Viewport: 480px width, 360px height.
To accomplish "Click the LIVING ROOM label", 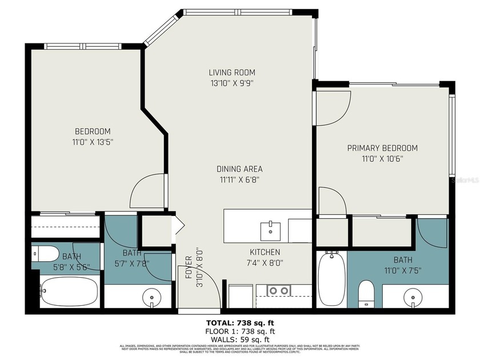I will tap(231, 73).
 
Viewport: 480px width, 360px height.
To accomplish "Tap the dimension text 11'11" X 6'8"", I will tap(239, 179).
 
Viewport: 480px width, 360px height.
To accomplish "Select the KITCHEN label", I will tap(265, 252).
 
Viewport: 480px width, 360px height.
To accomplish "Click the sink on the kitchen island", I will tap(270, 231).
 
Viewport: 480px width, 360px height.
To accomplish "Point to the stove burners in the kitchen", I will tap(278, 291).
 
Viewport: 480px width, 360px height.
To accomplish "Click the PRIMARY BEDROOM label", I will tap(382, 148).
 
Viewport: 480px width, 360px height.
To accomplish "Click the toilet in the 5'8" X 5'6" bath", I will tap(45, 253).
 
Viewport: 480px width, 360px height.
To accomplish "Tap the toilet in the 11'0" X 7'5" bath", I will tap(366, 291).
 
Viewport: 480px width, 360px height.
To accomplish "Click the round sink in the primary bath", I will tap(414, 297).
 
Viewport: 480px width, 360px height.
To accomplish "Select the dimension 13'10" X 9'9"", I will tap(231, 83).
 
